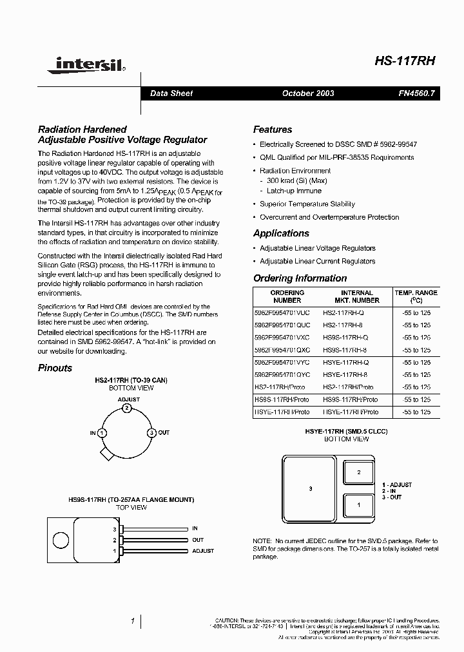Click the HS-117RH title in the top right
(x=405, y=61)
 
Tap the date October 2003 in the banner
(x=308, y=93)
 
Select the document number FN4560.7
(x=416, y=93)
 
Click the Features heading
(x=272, y=129)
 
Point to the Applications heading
(x=281, y=233)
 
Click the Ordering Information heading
(x=300, y=278)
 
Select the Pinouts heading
(x=55, y=368)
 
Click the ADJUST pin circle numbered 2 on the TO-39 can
(x=127, y=408)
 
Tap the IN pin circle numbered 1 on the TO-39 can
(x=102, y=432)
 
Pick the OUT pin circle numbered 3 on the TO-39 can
(x=151, y=432)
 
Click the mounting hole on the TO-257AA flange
(x=61, y=539)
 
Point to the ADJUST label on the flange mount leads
(x=202, y=551)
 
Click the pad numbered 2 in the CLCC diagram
(x=359, y=472)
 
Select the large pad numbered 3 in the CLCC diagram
(x=310, y=489)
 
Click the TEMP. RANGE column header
(x=416, y=296)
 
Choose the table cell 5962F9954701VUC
(x=282, y=312)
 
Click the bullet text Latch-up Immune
(x=294, y=191)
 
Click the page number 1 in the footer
(x=132, y=621)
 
